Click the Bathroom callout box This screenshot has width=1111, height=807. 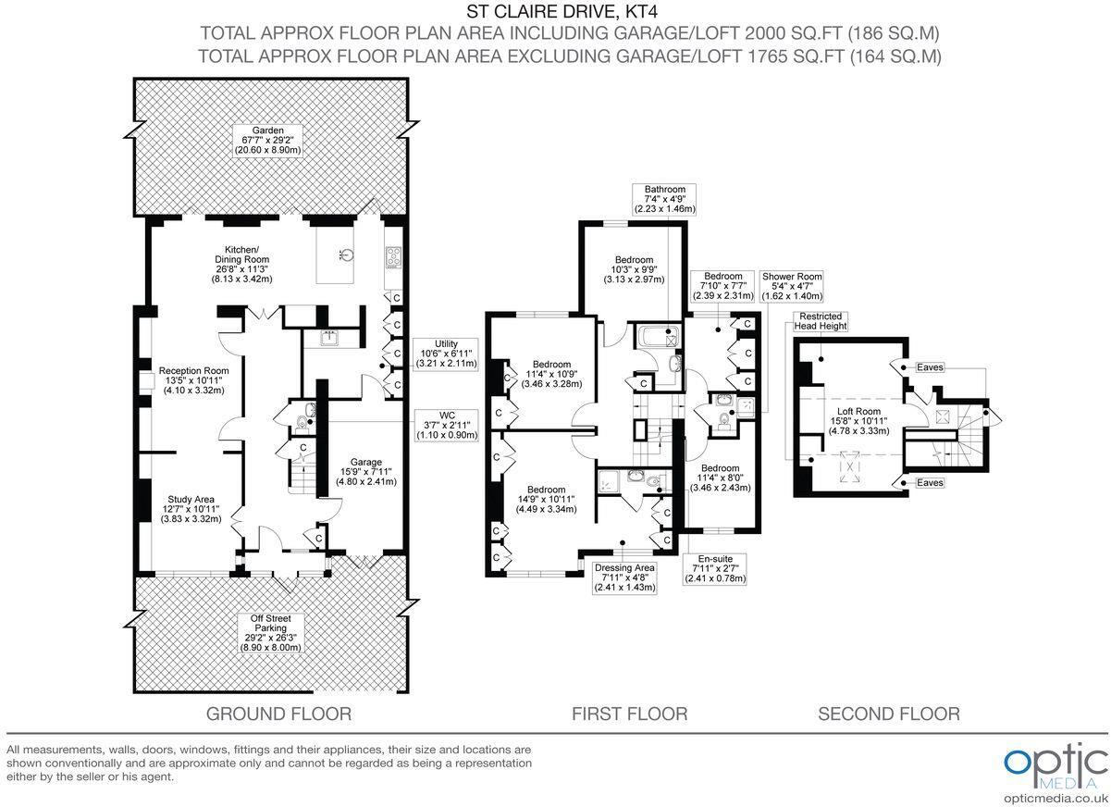click(664, 199)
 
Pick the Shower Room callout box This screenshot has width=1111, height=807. click(791, 286)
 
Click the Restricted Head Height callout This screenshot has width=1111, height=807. click(819, 320)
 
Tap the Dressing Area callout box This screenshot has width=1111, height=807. click(624, 577)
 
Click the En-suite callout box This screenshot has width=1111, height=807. click(715, 569)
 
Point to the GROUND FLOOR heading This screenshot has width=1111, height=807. click(278, 714)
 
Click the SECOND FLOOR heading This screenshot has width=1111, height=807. click(888, 714)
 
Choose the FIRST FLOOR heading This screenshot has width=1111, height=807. click(629, 714)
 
